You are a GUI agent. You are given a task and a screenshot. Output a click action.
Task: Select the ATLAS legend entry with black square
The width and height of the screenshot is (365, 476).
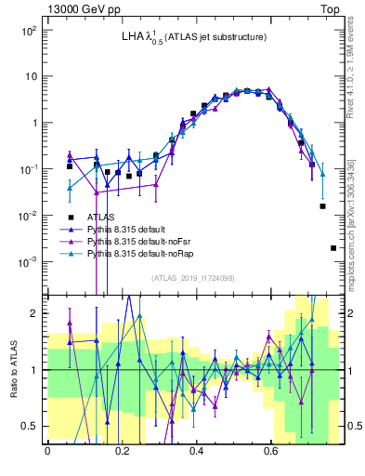96,216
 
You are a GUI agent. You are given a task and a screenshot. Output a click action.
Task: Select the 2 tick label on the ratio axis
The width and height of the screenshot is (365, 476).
33,313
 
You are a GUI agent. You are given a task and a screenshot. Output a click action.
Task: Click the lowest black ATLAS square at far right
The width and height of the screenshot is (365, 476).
333,248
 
